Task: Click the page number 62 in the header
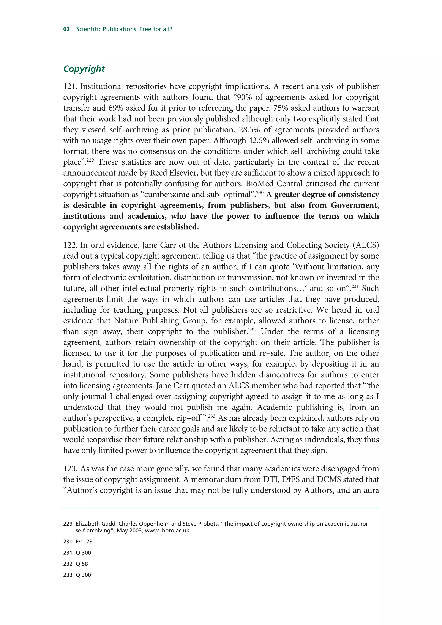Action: pos(66,29)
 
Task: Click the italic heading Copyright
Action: pos(84,69)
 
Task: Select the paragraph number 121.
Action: pos(71,86)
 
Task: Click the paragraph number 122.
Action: pos(71,245)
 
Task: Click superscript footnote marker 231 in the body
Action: pos(355,286)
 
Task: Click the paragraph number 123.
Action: pos(71,469)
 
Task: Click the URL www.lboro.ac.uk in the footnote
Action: pos(167,531)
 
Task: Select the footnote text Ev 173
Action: pos(84,542)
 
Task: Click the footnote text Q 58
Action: pos(82,564)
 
